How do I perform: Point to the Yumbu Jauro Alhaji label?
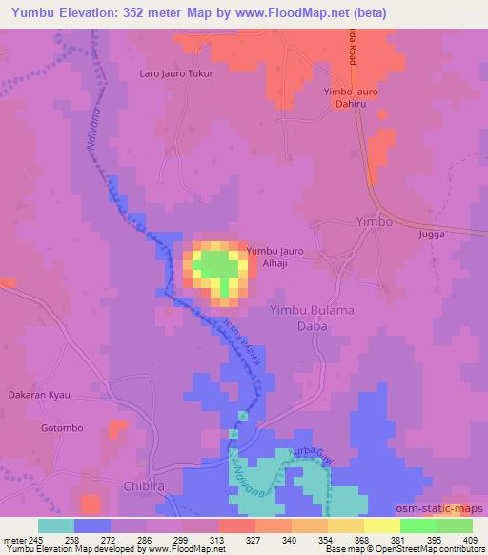[275, 257]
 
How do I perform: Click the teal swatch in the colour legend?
[56, 525]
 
